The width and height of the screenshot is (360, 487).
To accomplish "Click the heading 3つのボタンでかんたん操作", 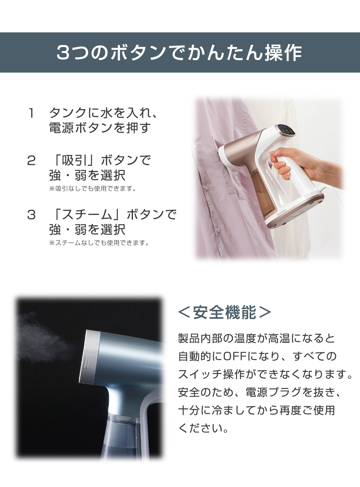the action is [x=179, y=53].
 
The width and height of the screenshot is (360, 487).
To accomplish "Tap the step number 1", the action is [x=31, y=113].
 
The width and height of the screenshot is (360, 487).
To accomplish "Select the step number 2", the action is [x=31, y=160].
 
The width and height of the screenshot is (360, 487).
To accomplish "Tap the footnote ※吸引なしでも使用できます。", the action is [x=93, y=189].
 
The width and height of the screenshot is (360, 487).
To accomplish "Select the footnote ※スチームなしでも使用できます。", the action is [x=99, y=243].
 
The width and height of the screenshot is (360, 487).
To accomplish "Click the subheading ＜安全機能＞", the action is [x=224, y=312].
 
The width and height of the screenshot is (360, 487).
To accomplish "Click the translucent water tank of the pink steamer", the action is [x=262, y=193].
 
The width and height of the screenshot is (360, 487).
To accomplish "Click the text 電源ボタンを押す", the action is [x=100, y=128].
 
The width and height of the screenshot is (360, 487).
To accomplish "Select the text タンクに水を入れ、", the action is [x=103, y=113].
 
